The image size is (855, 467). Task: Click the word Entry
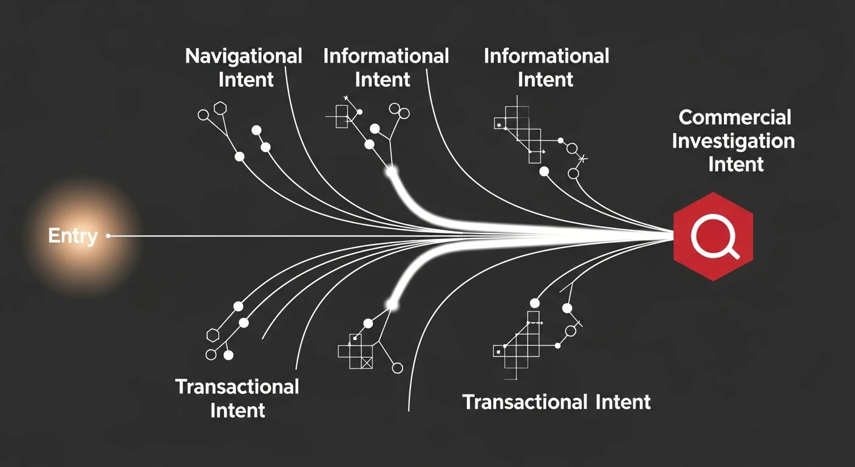73,236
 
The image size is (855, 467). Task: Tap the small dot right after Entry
108,236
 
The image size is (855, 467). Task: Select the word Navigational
244,56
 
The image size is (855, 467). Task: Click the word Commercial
735,117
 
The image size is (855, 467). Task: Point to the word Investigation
733,142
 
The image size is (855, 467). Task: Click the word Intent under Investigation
736,165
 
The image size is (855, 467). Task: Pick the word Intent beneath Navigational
246,80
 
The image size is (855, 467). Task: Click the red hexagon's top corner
714,192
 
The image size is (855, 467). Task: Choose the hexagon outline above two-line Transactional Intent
213,335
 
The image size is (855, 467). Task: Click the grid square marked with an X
367,362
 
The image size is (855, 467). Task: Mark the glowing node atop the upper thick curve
391,171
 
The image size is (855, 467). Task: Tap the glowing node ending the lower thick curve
392,304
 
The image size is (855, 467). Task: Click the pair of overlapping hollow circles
399,111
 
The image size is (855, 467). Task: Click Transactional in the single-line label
525,402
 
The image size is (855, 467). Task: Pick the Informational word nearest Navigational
386,56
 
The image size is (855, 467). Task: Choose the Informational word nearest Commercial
546,56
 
